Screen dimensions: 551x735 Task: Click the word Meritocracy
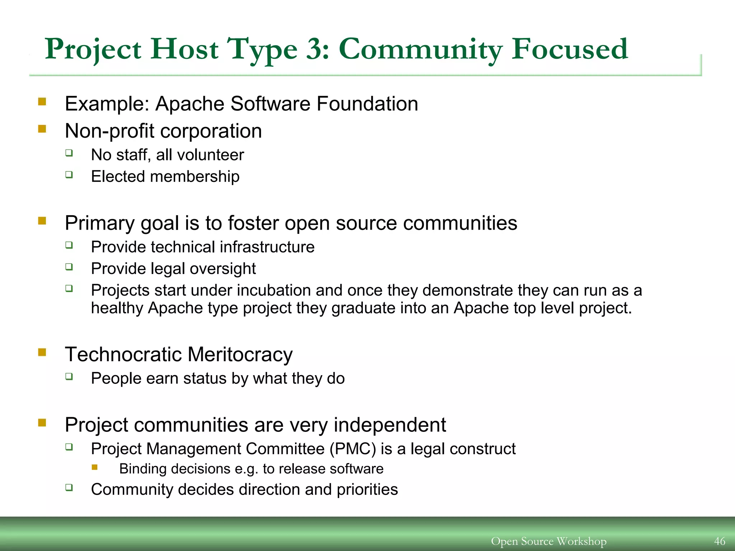click(240, 354)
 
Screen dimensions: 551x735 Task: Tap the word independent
click(390, 425)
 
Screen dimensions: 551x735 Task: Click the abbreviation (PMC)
click(353, 449)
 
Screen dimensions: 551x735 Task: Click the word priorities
click(367, 490)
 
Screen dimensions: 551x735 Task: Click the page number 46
click(720, 541)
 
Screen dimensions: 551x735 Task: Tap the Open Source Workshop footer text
click(548, 541)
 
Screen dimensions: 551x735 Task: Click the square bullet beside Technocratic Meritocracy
click(42, 353)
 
